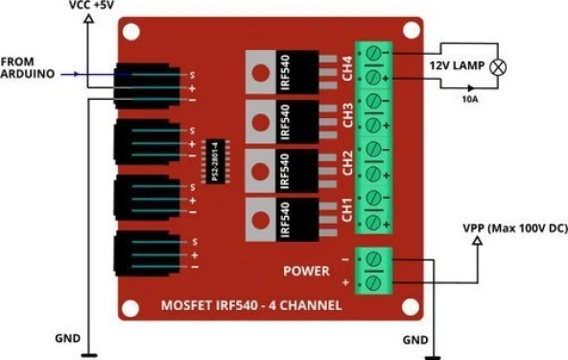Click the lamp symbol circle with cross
coord(499,67)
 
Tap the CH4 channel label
coord(345,67)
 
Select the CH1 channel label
coord(345,210)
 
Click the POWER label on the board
coord(305,270)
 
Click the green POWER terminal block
coord(375,270)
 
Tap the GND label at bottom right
coord(415,338)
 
